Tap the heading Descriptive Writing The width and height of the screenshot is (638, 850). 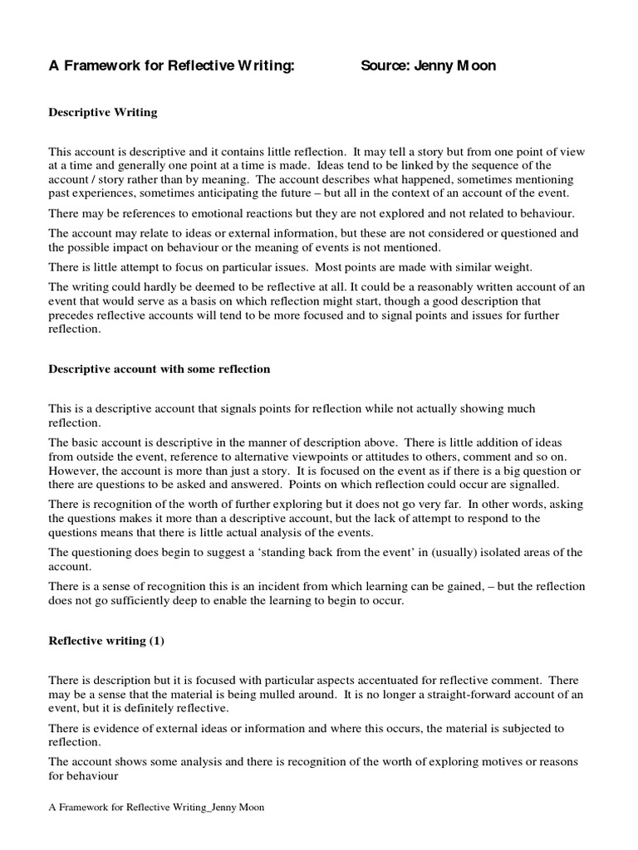tap(102, 112)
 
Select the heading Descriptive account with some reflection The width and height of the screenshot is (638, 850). tap(159, 369)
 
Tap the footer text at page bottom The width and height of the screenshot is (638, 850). tap(157, 808)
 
